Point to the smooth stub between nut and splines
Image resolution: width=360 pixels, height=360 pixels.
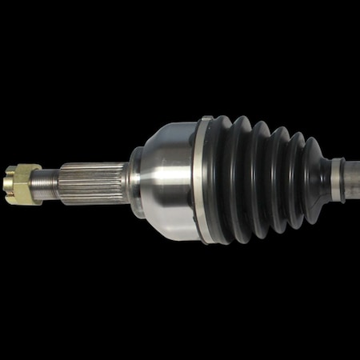click(47, 182)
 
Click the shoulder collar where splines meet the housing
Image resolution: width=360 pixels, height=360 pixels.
click(134, 181)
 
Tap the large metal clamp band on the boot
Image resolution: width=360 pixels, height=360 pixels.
click(202, 180)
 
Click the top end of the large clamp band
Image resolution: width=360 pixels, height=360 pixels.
click(205, 121)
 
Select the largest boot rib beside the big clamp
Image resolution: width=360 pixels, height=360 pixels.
click(222, 180)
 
